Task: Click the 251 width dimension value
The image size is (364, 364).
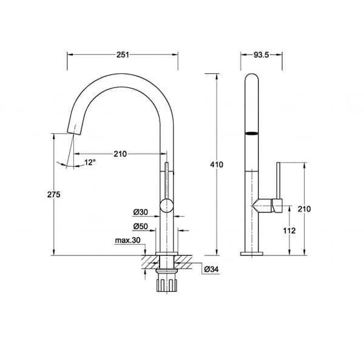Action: click(x=123, y=55)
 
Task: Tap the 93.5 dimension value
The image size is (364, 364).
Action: click(x=261, y=55)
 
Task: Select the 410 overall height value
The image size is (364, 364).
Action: click(x=217, y=164)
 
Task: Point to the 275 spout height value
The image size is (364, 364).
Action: click(x=53, y=194)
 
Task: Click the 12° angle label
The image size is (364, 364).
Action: click(x=90, y=162)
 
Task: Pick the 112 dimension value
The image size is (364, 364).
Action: click(x=289, y=231)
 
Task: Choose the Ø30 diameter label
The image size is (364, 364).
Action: click(x=141, y=212)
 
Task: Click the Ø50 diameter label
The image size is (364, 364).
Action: click(x=141, y=226)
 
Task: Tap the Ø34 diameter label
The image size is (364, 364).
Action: click(x=211, y=269)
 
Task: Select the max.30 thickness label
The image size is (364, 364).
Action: click(x=128, y=240)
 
